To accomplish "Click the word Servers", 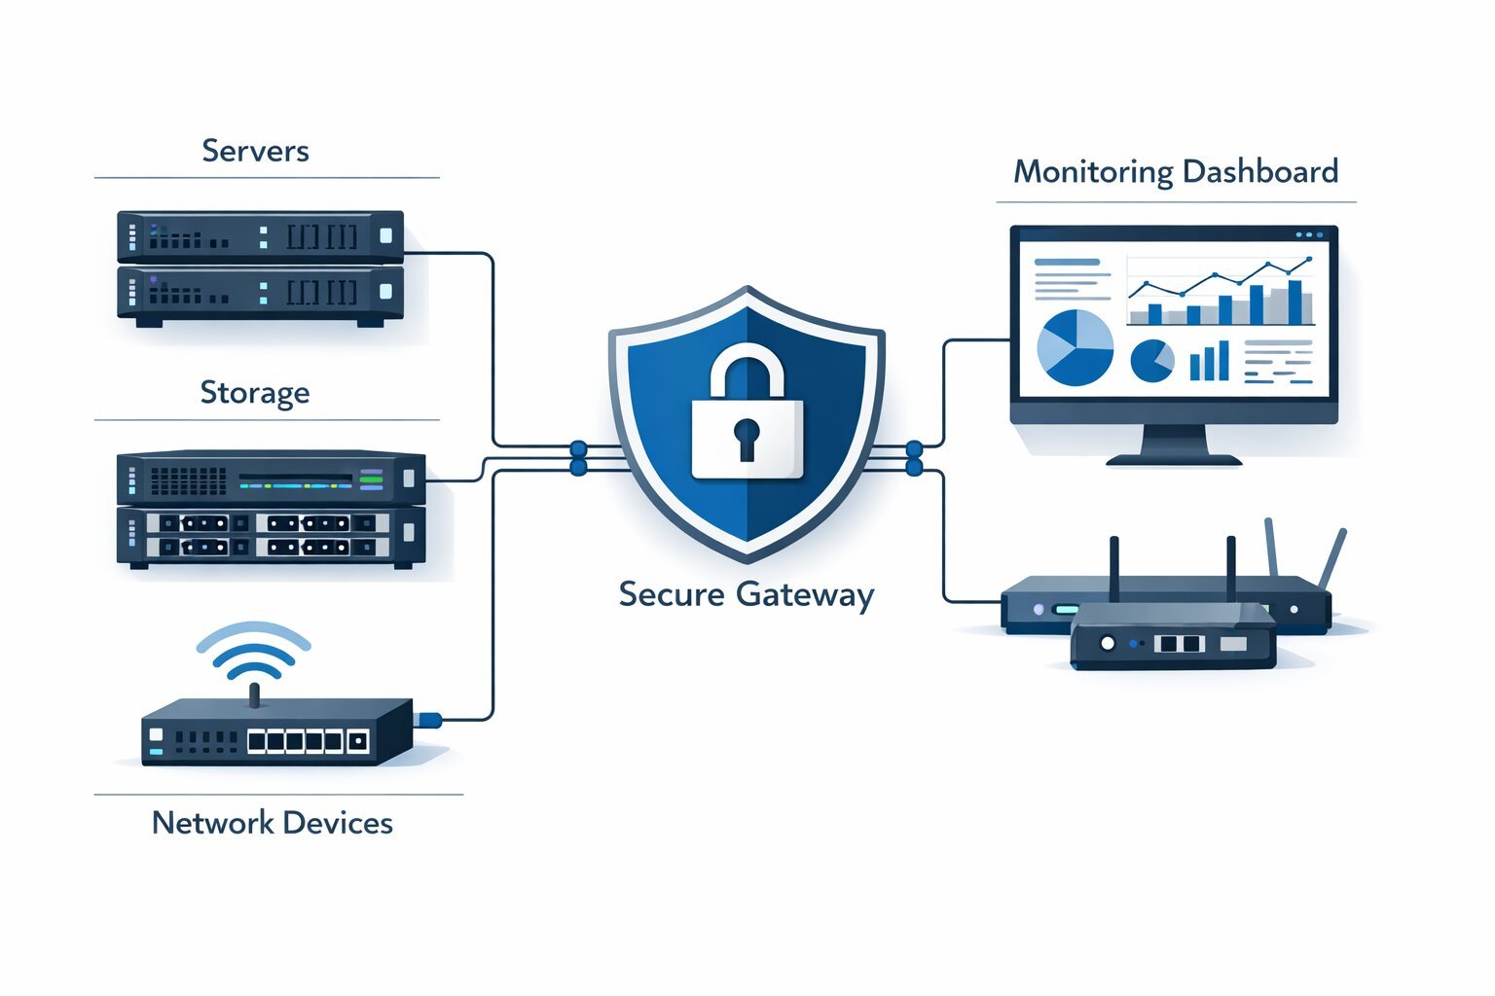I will [255, 151].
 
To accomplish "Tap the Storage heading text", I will [255, 392].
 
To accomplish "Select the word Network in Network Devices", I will [212, 823].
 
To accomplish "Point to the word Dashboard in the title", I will [1260, 172].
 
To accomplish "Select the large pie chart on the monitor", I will [1075, 347].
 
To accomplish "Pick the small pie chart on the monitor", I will [1151, 361].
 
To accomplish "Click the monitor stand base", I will [1174, 459].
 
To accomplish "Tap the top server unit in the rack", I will [260, 236].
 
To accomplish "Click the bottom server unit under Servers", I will [260, 293].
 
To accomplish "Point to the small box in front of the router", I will [1172, 637].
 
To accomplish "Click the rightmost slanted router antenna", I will [1331, 559].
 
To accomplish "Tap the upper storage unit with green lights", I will [271, 479].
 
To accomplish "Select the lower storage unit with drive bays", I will [271, 536].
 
